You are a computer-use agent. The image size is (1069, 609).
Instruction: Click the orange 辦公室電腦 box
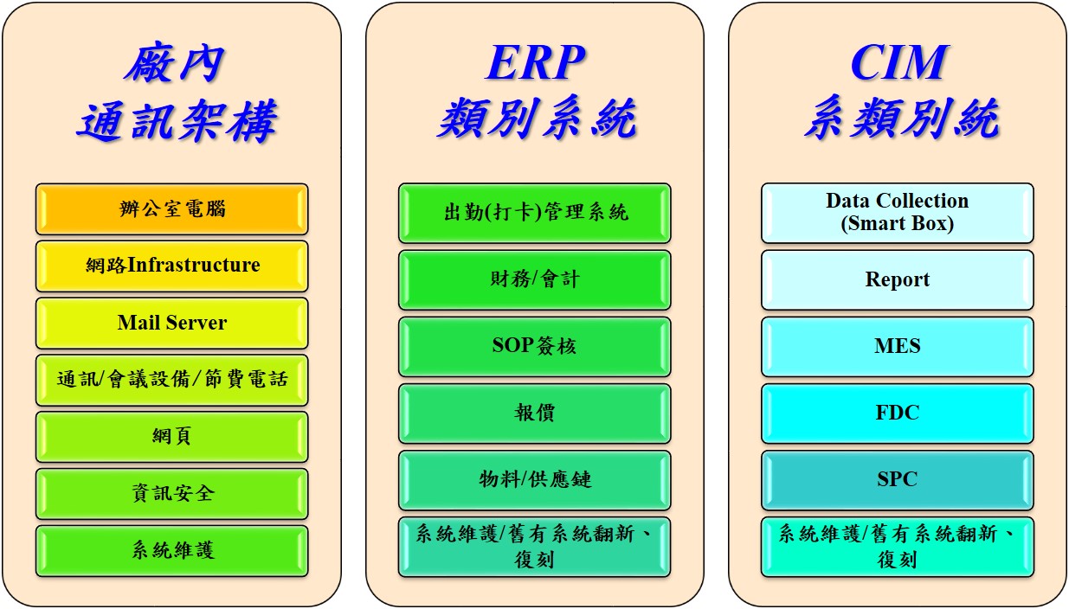pyautogui.click(x=171, y=208)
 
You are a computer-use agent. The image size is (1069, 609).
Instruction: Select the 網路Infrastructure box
pyautogui.click(x=171, y=266)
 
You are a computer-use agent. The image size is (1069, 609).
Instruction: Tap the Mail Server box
pyautogui.click(x=171, y=323)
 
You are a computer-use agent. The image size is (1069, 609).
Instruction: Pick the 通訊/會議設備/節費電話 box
pyautogui.click(x=171, y=380)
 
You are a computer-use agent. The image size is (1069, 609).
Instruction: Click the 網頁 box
pyautogui.click(x=171, y=437)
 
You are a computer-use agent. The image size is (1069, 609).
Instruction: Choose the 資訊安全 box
pyautogui.click(x=171, y=494)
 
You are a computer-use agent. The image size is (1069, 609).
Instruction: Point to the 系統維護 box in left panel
pyautogui.click(x=171, y=551)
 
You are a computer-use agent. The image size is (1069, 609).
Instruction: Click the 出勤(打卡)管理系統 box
pyautogui.click(x=535, y=213)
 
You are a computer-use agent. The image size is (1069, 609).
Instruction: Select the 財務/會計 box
pyautogui.click(x=535, y=280)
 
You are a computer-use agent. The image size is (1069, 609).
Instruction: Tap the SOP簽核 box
pyautogui.click(x=535, y=347)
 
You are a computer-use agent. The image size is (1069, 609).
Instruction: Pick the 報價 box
pyautogui.click(x=535, y=413)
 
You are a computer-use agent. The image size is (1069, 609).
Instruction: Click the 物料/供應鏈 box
pyautogui.click(x=535, y=480)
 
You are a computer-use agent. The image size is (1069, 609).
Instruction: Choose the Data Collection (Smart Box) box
pyautogui.click(x=898, y=213)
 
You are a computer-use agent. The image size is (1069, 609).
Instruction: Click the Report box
pyautogui.click(x=898, y=280)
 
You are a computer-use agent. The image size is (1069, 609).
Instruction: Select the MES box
pyautogui.click(x=898, y=347)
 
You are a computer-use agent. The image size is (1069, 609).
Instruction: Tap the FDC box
pyautogui.click(x=898, y=413)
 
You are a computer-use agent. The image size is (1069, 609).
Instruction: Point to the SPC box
pyautogui.click(x=898, y=480)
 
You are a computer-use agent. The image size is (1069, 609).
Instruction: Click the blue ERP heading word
pyautogui.click(x=535, y=62)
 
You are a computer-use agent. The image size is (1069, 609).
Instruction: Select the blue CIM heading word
pyautogui.click(x=898, y=62)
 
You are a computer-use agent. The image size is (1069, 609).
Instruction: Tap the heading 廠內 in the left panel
pyautogui.click(x=174, y=64)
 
